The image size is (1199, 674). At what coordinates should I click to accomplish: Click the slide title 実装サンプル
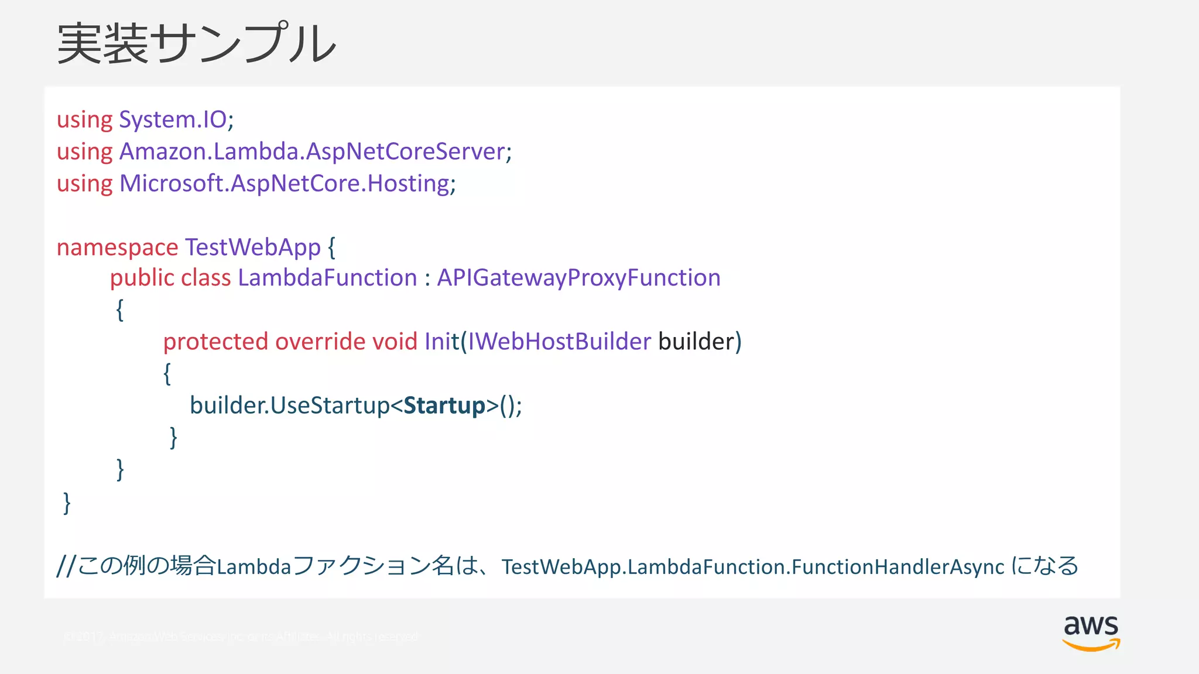pos(197,43)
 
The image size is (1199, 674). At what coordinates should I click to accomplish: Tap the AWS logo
pos(1091,632)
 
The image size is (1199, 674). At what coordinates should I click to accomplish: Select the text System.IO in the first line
pos(173,119)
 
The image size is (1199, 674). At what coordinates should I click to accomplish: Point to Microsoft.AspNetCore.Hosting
pos(284,184)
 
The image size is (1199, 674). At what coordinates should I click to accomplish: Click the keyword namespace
pos(117,247)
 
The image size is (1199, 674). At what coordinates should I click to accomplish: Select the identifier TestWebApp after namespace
pos(252,247)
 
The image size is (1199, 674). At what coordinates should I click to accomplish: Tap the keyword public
pos(142,278)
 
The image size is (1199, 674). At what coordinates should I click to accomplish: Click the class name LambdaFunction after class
pos(327,278)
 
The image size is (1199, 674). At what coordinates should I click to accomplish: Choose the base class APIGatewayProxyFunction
pos(578,278)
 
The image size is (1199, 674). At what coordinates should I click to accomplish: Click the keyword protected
pos(215,342)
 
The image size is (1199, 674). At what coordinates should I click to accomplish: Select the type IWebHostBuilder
pos(559,342)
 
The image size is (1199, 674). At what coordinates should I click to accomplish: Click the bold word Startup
pos(444,405)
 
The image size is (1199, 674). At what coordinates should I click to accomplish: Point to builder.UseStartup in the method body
pos(289,405)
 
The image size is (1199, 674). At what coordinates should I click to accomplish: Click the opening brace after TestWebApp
pos(331,247)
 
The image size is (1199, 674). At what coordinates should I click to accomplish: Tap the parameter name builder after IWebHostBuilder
pos(696,342)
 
